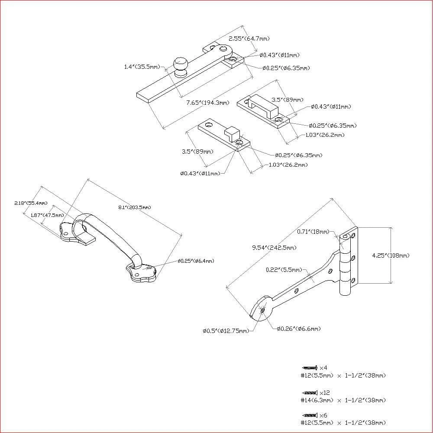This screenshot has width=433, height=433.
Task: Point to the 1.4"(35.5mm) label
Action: point(142,67)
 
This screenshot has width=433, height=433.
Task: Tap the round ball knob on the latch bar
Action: point(181,65)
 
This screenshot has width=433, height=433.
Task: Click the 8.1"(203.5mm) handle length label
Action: point(134,207)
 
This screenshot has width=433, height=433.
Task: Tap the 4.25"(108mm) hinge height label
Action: point(391,255)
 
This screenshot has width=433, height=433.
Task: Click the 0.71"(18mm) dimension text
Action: point(313,232)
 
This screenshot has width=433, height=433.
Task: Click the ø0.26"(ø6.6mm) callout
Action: point(299,329)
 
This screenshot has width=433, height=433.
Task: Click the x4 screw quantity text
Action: point(323,368)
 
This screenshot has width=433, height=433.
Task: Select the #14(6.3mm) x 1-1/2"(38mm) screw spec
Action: point(343,400)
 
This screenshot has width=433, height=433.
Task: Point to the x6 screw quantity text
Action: point(323,415)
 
